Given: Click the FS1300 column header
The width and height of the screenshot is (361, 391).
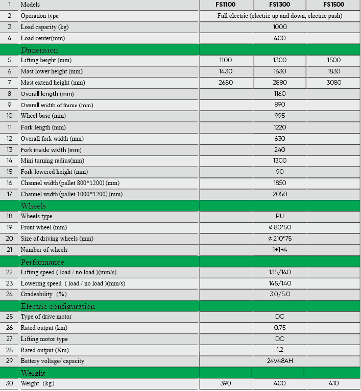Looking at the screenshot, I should [x=279, y=5].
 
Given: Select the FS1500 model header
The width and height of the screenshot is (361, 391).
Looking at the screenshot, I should [x=333, y=5].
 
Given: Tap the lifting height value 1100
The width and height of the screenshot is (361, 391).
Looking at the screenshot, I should [x=225, y=60].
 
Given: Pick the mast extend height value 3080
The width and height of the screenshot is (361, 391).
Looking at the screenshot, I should [x=333, y=83].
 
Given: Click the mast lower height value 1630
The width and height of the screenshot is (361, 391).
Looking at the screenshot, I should [x=279, y=71].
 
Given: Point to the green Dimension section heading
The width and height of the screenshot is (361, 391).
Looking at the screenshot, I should [x=39, y=50].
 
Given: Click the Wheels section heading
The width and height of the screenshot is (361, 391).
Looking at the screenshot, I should [x=33, y=206].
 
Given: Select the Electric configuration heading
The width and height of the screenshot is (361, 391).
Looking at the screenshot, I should [x=58, y=306].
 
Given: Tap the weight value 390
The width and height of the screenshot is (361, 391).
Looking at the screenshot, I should [x=225, y=383].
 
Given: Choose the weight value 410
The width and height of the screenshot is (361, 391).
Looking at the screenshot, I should [x=333, y=383].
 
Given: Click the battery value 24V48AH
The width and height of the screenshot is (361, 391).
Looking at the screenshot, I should [x=279, y=361].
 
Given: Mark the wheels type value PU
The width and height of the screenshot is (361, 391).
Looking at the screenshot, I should [x=279, y=216].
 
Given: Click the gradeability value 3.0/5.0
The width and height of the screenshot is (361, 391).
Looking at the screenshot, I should [x=279, y=294].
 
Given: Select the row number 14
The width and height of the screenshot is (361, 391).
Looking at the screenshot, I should [x=9, y=161].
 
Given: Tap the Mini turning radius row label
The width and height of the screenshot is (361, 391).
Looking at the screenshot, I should [x=53, y=161].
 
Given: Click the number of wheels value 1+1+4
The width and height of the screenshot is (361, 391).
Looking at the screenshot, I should [x=279, y=250].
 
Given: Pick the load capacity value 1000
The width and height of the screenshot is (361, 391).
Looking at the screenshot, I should [x=279, y=27].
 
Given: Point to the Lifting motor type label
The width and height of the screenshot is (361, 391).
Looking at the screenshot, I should [x=44, y=339].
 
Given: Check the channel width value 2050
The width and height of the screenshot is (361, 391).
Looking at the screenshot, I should [x=279, y=194].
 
